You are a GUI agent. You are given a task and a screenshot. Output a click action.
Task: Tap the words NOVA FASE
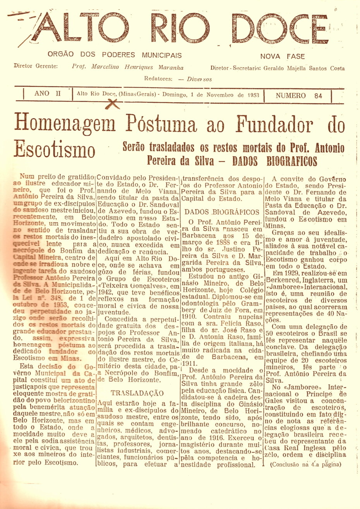click(x=282, y=57)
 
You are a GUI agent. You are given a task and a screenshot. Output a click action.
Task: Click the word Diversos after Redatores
click(x=199, y=79)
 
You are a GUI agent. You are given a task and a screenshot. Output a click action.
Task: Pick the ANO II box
click(x=48, y=94)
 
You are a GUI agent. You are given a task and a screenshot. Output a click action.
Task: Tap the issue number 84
click(x=318, y=96)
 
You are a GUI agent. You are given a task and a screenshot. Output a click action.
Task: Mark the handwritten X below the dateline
click(x=113, y=103)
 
